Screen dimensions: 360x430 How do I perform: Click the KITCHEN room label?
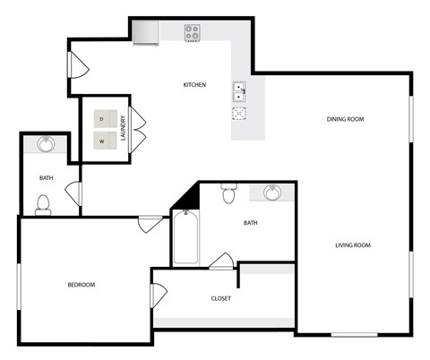[x=194, y=85]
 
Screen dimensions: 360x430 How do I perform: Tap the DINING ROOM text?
[x=345, y=119]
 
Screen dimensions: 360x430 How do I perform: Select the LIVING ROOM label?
[x=353, y=244]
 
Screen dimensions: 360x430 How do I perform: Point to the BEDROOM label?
[x=82, y=285]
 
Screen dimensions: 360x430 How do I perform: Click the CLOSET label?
[x=220, y=298]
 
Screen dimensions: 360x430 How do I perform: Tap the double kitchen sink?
[x=240, y=91]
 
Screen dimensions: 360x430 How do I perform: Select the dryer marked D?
[x=102, y=119]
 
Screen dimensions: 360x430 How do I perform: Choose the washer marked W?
[x=102, y=140]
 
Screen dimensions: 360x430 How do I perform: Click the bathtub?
[x=185, y=237]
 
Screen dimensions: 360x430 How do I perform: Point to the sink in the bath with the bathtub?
[x=271, y=192]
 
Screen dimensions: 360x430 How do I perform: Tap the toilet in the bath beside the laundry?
[x=42, y=206]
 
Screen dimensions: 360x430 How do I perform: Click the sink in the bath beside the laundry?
[x=46, y=144]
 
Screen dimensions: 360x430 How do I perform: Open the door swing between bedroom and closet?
[x=158, y=294]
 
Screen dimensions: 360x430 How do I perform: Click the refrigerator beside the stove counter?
[x=145, y=31]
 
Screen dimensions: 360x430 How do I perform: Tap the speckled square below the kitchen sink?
[x=240, y=114]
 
